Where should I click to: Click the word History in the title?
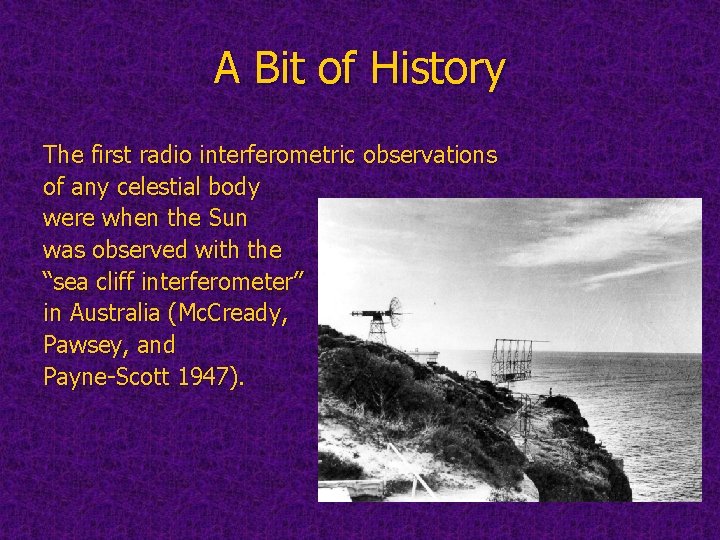(x=438, y=70)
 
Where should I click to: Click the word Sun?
(x=233, y=218)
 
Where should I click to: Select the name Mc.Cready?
(x=232, y=313)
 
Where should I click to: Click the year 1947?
(x=209, y=377)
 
